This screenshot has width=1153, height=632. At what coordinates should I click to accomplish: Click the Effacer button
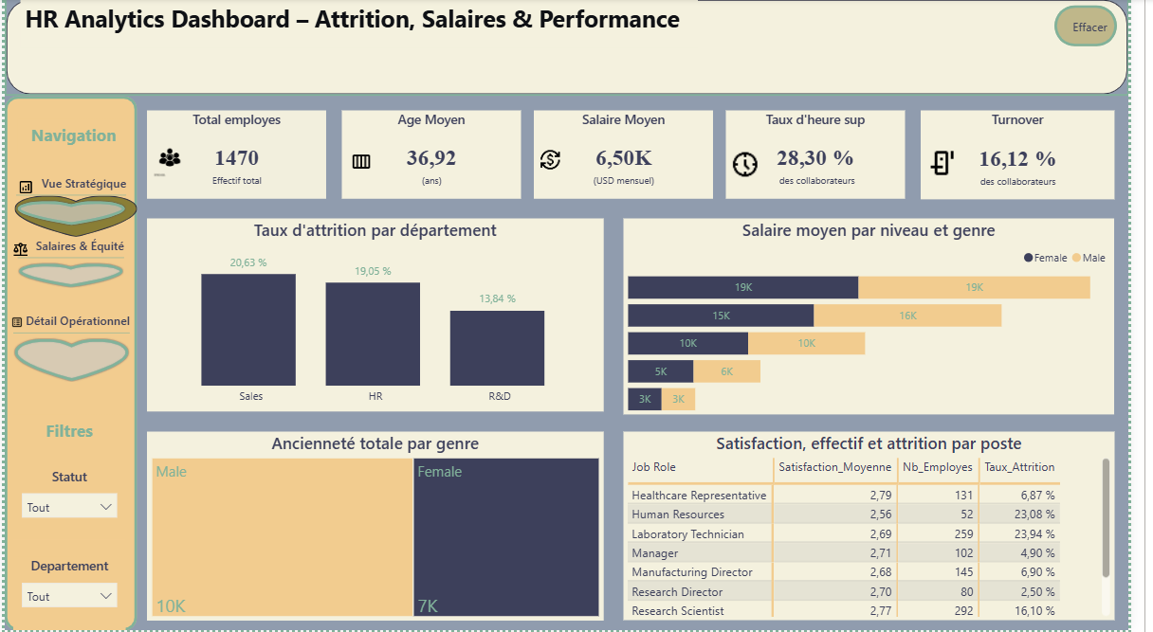click(1085, 27)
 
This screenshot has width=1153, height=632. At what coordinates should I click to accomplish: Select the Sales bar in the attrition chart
click(248, 330)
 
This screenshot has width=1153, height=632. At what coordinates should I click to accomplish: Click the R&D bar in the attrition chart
click(497, 348)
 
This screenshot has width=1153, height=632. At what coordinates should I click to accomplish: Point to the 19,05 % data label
click(373, 271)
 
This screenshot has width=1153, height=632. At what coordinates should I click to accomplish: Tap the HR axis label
click(375, 396)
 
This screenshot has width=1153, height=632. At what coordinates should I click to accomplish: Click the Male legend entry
click(1089, 258)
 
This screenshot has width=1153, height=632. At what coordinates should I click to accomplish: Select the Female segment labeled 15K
click(721, 316)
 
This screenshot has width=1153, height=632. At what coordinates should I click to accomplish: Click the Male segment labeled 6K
click(726, 371)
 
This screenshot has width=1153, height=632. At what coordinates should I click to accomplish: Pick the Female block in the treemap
click(506, 537)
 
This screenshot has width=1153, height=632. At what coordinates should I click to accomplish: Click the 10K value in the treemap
click(171, 606)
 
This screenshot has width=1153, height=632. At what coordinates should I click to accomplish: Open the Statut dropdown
click(69, 507)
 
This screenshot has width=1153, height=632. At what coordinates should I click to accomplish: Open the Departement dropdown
click(69, 596)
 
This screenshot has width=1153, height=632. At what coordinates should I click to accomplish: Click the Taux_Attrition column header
click(1019, 467)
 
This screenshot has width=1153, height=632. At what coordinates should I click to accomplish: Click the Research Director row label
click(677, 592)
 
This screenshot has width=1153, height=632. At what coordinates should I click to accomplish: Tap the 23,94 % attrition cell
click(1034, 533)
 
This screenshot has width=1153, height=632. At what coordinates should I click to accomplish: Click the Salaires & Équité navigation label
click(80, 246)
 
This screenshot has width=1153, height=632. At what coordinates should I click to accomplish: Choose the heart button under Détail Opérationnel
click(71, 358)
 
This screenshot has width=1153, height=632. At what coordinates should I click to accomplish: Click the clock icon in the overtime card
click(745, 165)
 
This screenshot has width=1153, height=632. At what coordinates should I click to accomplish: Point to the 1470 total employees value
click(236, 158)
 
